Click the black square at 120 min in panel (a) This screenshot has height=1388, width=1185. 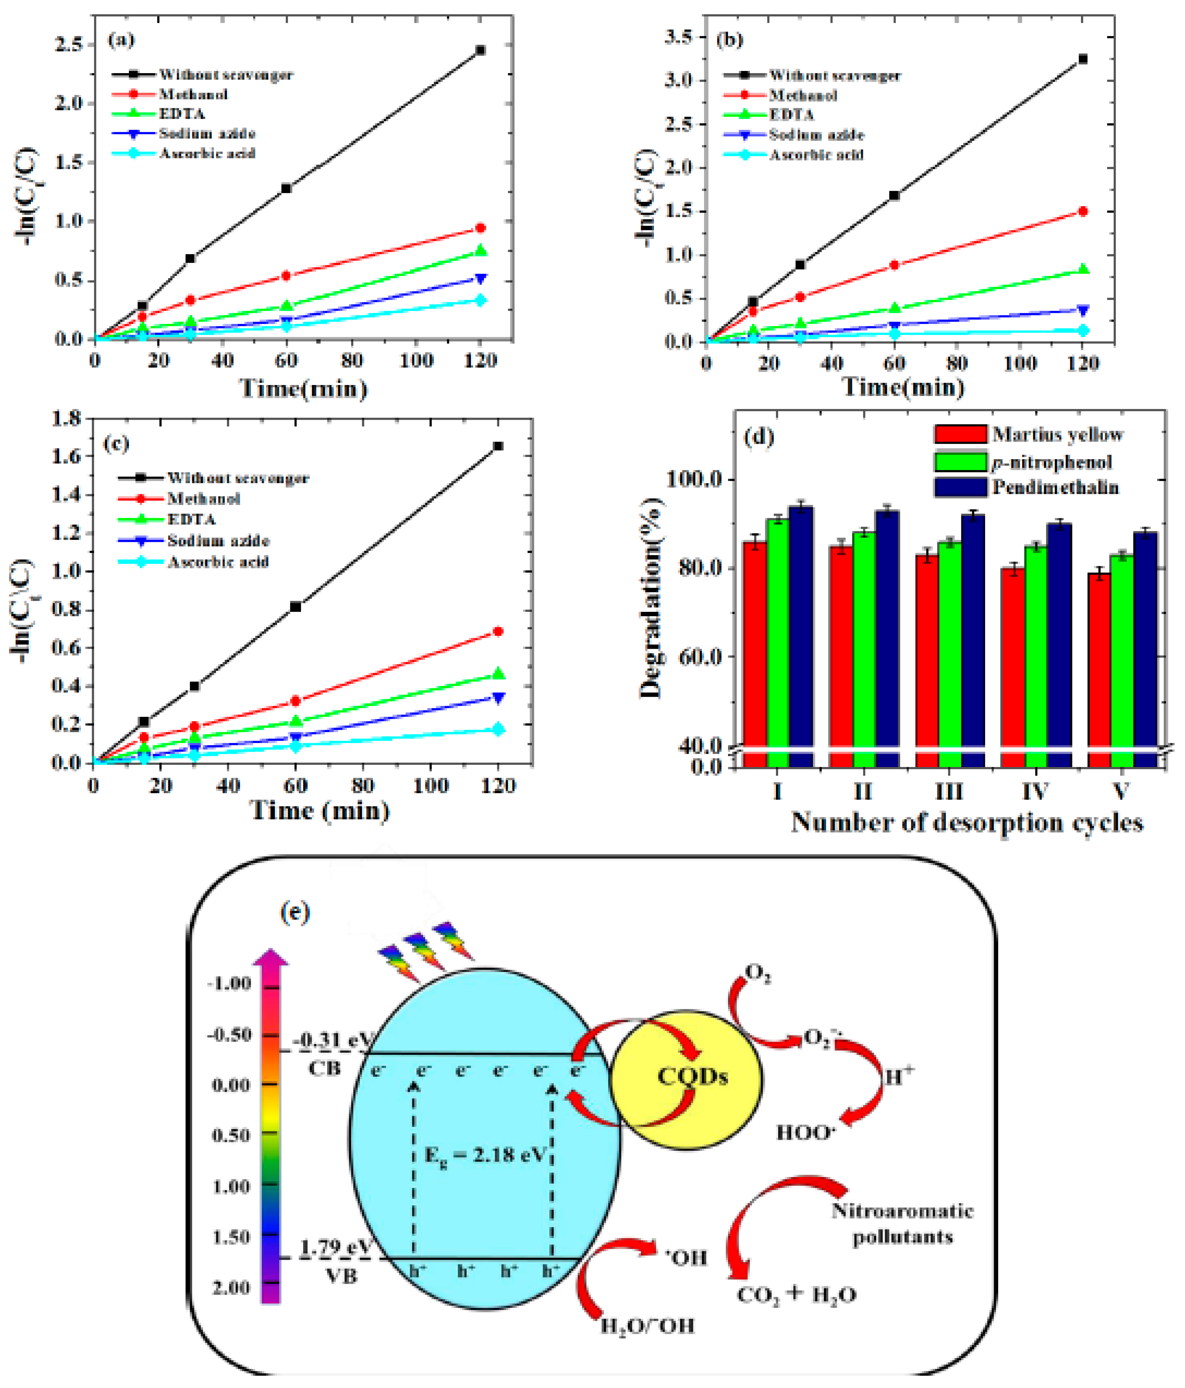coord(480,50)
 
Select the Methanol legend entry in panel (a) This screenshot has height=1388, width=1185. coord(193,94)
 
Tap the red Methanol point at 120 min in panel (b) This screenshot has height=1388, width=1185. coord(1083,212)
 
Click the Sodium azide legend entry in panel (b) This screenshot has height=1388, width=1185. coord(816,135)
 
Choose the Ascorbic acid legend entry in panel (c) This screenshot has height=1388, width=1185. coord(217,562)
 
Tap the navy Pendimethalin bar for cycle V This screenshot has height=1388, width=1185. coord(1145,643)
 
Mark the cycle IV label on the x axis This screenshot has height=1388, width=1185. coord(1035,792)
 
